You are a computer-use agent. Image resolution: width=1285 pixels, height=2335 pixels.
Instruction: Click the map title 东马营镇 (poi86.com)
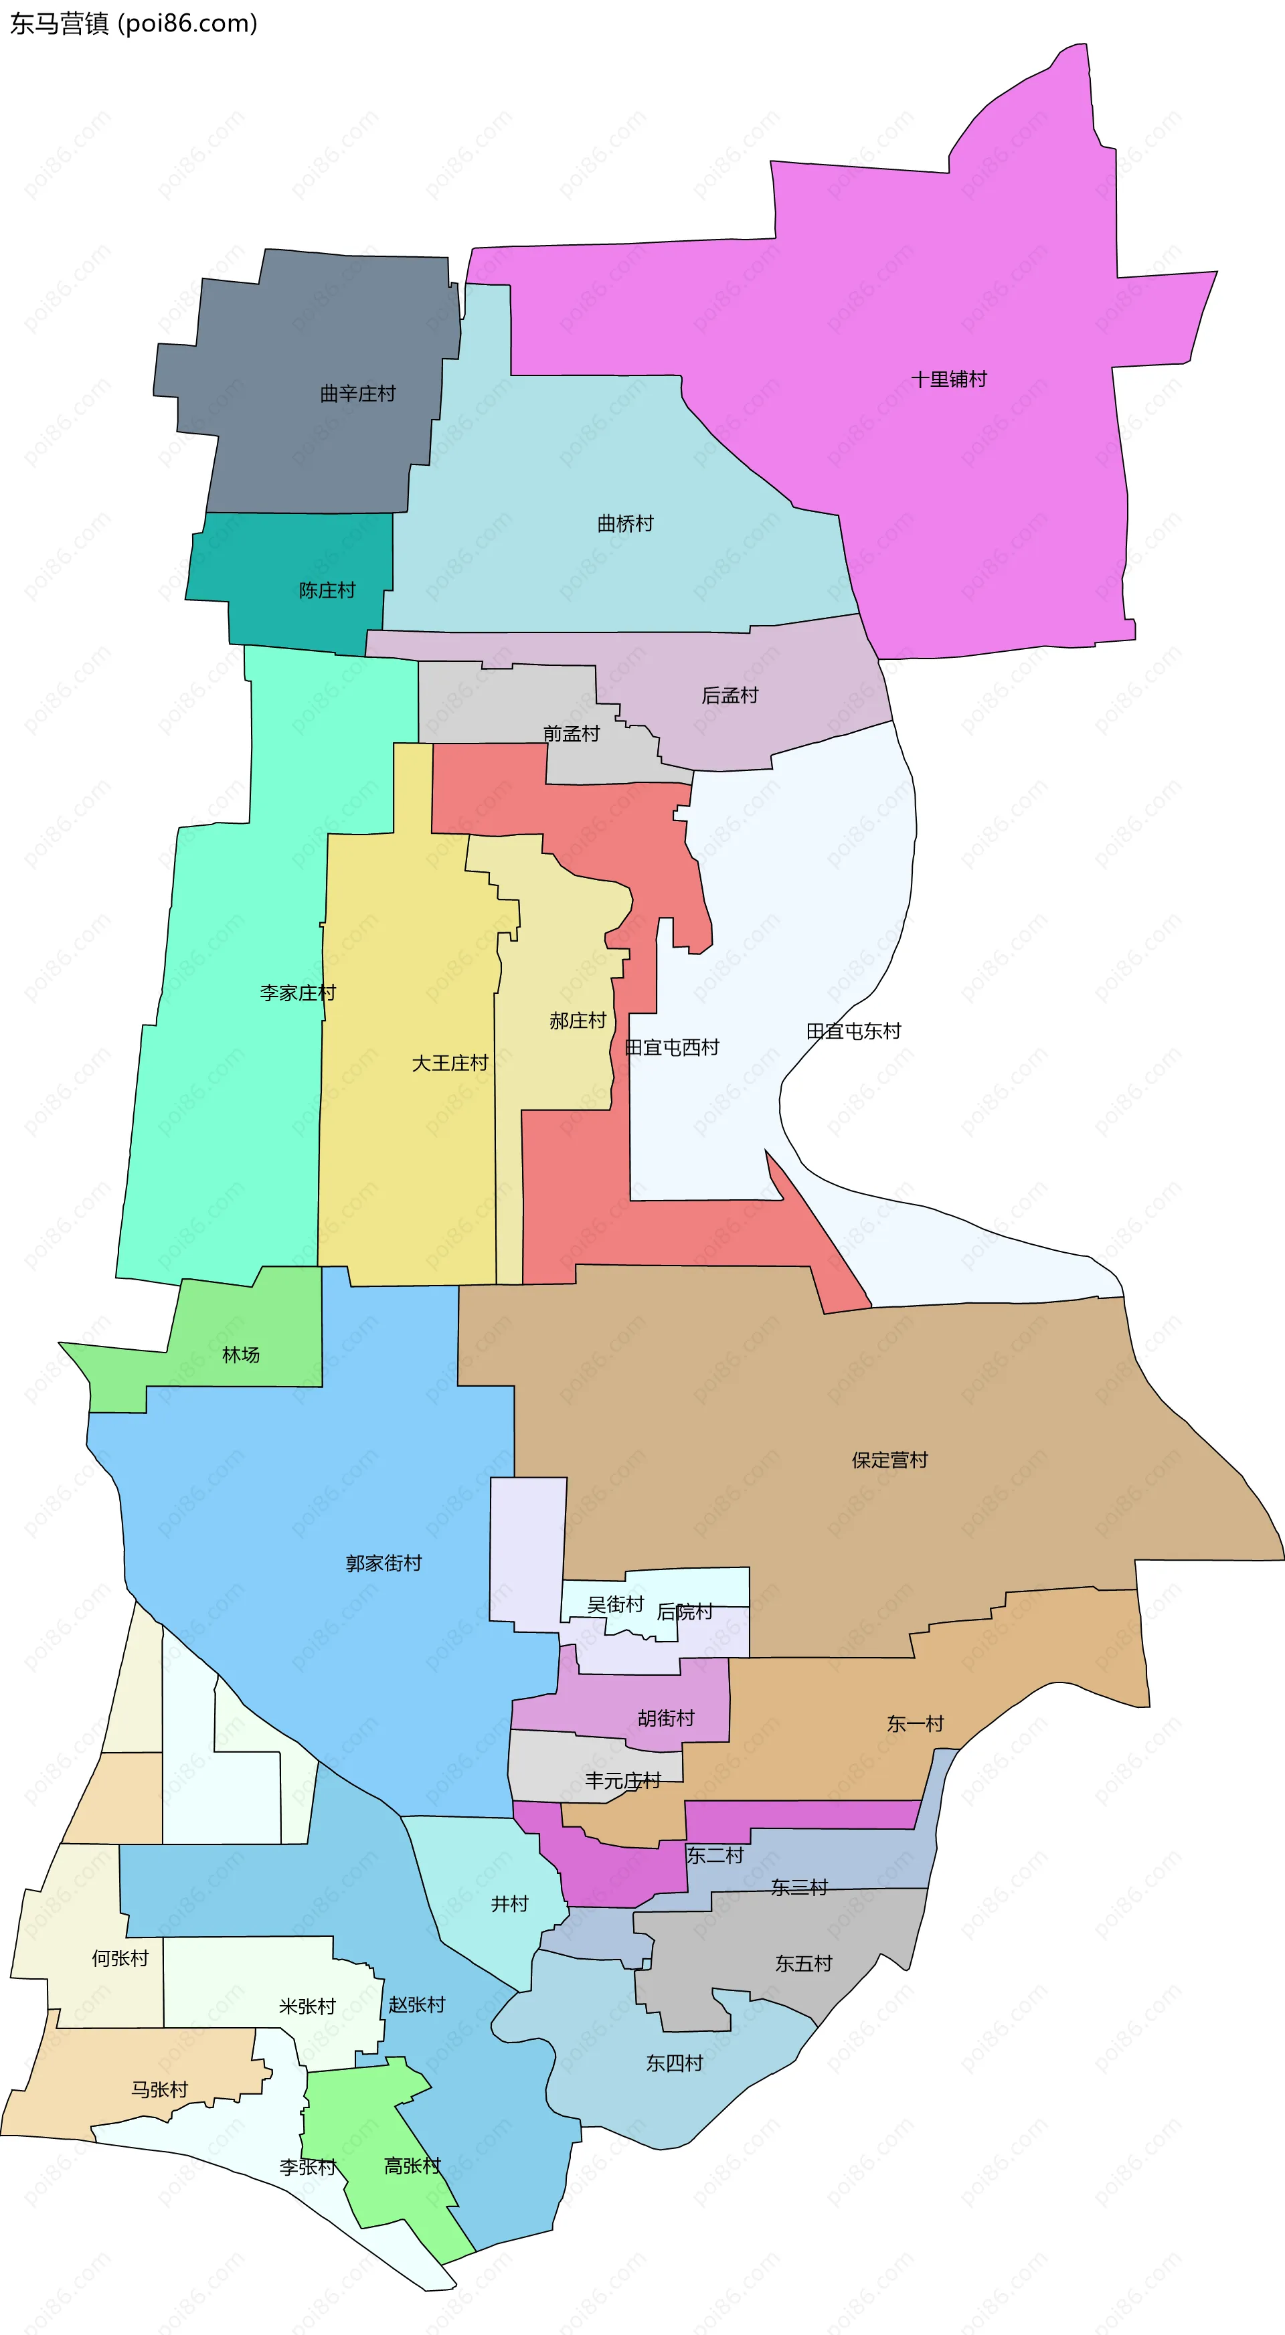134,23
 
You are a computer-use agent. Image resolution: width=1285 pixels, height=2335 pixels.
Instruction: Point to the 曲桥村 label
624,524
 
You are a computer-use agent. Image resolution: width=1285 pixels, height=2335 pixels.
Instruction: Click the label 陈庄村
327,591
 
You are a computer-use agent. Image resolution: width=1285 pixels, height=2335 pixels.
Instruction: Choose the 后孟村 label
730,696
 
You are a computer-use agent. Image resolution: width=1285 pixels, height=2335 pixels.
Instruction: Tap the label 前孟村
571,734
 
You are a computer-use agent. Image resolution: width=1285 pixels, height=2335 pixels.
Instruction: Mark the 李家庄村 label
297,993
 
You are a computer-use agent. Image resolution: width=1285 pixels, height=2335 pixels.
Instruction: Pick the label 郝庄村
578,1021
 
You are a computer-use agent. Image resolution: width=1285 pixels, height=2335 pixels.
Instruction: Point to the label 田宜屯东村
853,1031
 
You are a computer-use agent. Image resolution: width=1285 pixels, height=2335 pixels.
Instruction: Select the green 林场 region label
241,1355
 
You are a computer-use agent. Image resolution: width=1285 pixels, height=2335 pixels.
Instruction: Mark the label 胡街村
665,1719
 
